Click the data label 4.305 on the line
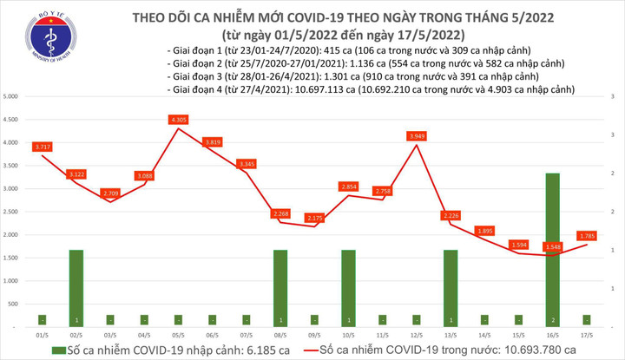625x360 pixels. coord(179,120)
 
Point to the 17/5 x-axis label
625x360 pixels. coord(586,334)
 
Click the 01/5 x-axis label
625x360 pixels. coord(42,334)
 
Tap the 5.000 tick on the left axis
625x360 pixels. coord(12,95)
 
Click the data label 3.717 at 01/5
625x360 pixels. coord(42,147)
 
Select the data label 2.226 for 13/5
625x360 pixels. coord(450,215)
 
